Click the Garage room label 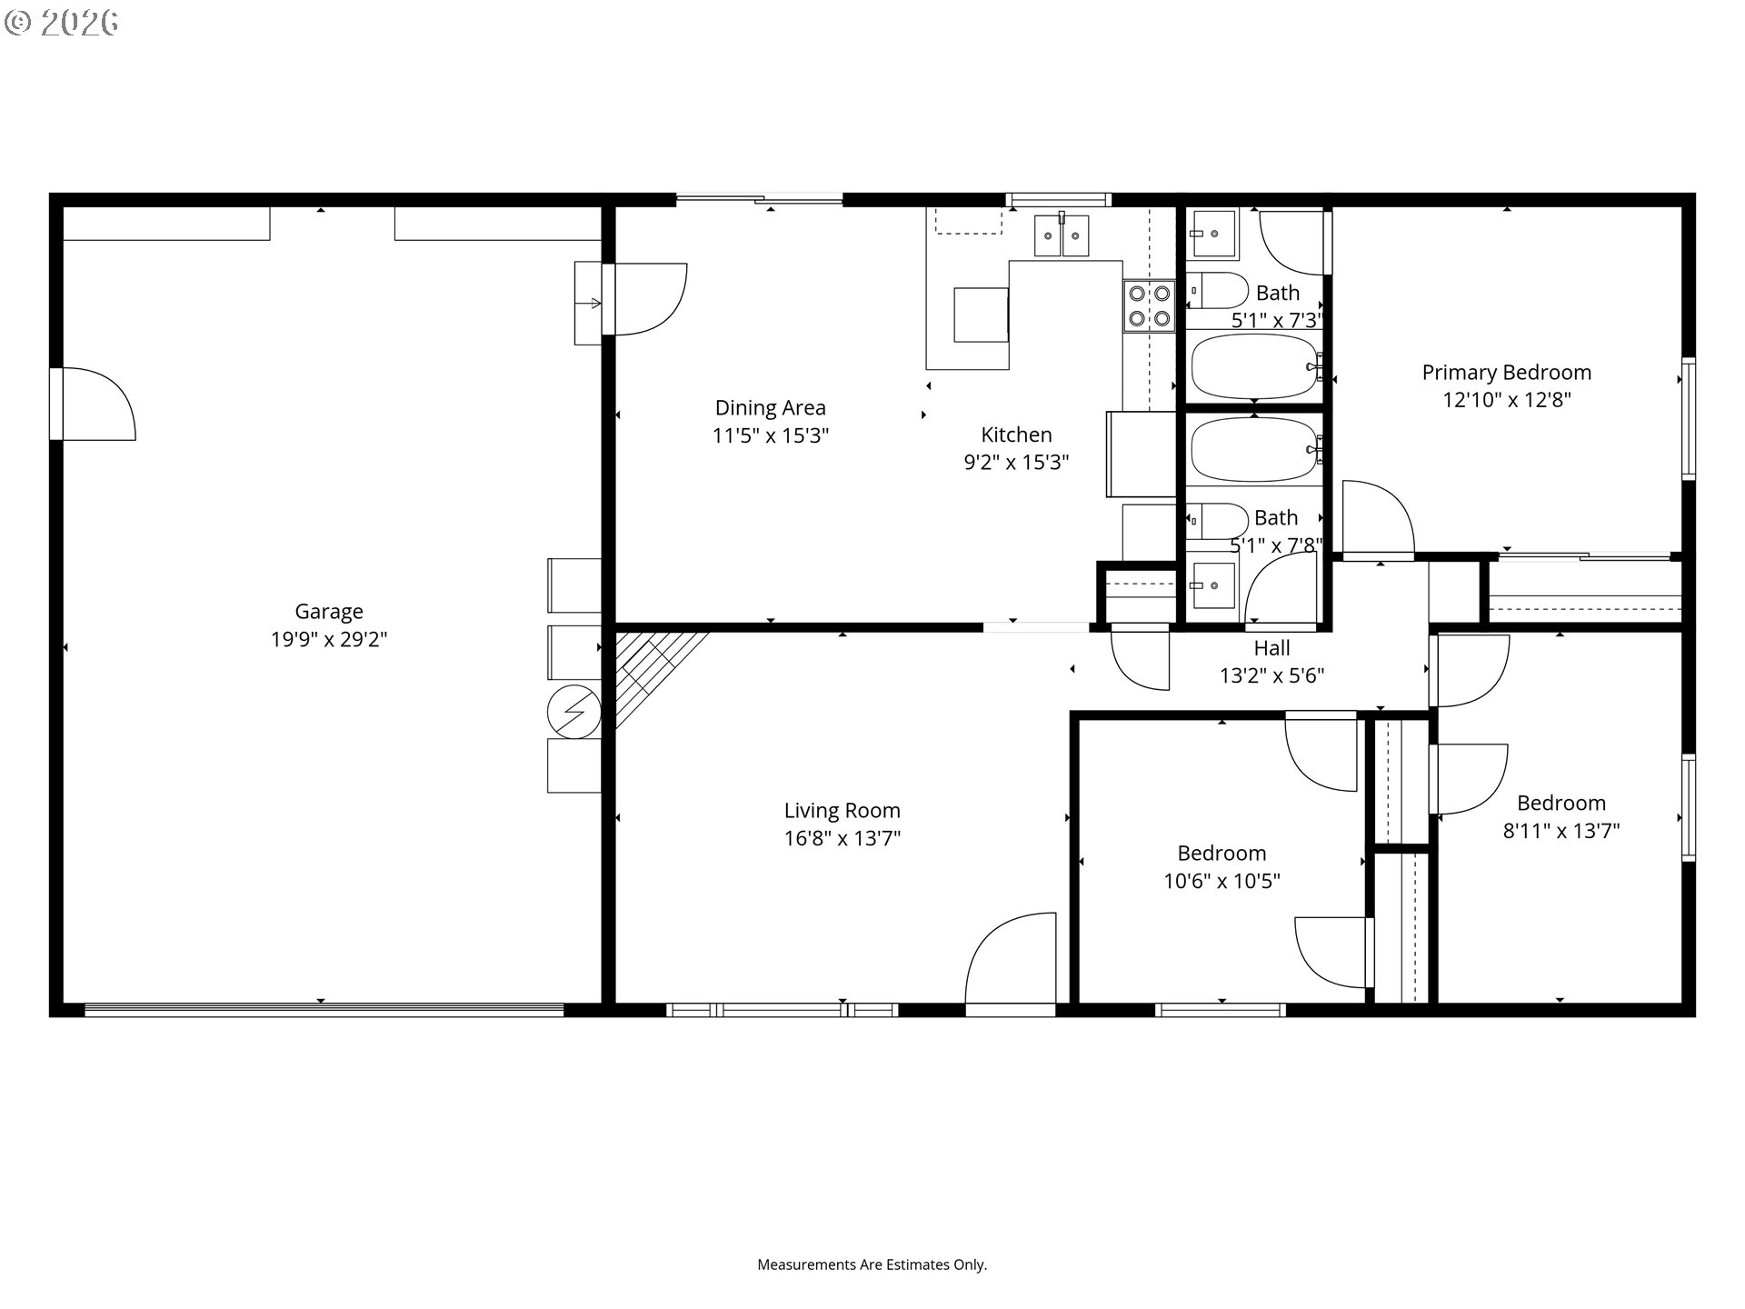(328, 612)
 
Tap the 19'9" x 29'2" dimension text (328, 639)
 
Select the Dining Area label (770, 408)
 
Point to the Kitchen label (1016, 435)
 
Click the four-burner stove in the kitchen (1150, 306)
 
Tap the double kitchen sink (1062, 235)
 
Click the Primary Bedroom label (1506, 373)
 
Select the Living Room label (842, 811)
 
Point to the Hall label (1271, 648)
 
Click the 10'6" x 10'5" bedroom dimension (1221, 881)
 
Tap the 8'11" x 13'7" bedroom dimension (1561, 830)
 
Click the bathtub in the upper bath (1255, 366)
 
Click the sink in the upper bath (1212, 233)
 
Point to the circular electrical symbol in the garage (574, 711)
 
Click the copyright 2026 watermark (61, 23)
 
